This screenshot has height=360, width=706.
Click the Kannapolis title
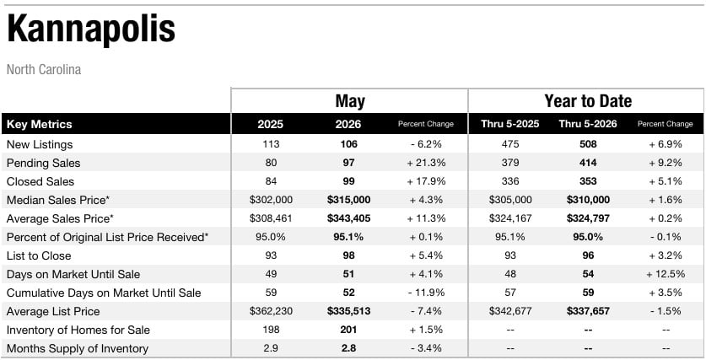click(x=91, y=30)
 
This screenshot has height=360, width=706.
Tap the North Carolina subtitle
click(x=44, y=70)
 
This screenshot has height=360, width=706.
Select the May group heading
click(x=350, y=102)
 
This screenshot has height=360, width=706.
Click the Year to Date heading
click(x=588, y=101)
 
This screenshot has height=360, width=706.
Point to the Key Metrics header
click(x=39, y=124)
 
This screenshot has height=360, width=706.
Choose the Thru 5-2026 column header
click(x=588, y=124)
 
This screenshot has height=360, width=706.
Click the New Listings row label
click(x=40, y=144)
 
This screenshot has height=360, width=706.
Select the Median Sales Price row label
click(x=58, y=201)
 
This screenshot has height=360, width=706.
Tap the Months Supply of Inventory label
click(x=78, y=349)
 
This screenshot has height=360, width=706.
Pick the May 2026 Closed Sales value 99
click(x=348, y=181)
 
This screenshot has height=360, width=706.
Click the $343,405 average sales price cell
click(x=348, y=218)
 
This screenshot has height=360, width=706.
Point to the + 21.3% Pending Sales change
click(x=426, y=163)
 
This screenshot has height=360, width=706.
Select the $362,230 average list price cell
click(x=271, y=311)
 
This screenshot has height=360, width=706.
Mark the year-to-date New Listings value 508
click(x=588, y=144)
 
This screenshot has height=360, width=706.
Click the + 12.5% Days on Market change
click(x=666, y=274)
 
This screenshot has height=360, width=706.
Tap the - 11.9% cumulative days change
click(x=426, y=293)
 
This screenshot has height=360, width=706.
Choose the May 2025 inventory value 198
click(x=271, y=330)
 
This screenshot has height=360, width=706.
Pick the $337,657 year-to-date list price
click(x=588, y=311)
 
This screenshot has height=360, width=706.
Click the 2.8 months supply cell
click(x=348, y=349)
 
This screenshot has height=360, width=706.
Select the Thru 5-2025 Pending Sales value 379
click(x=509, y=163)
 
